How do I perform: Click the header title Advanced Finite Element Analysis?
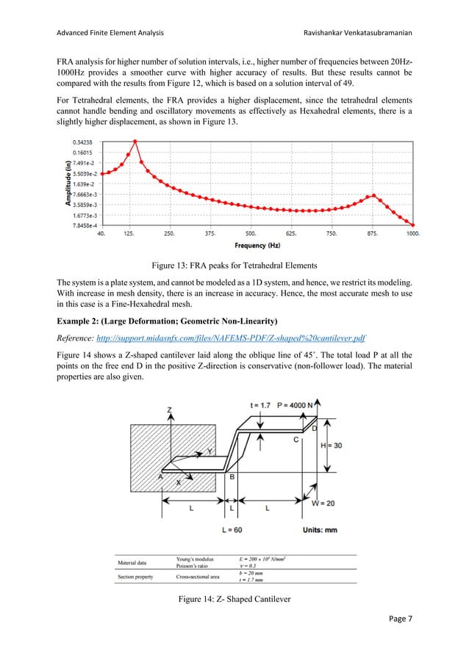106,33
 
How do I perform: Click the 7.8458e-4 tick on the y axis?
80,226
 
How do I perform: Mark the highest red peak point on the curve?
135,141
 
